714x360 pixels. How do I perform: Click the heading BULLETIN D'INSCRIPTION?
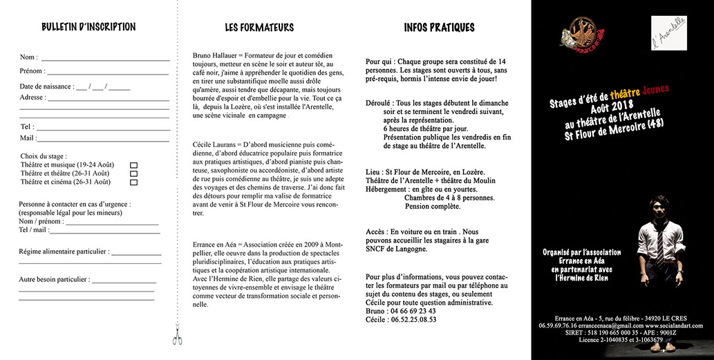click(x=88, y=28)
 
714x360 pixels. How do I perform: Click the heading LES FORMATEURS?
click(x=259, y=28)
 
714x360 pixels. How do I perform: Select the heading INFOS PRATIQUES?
click(x=439, y=28)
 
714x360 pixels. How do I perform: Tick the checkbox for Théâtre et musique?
click(x=134, y=165)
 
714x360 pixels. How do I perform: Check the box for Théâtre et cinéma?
click(x=134, y=182)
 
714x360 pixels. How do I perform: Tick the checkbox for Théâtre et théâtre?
click(x=134, y=174)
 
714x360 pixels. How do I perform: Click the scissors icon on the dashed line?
click(x=177, y=337)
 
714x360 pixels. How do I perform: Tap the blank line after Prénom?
click(x=107, y=72)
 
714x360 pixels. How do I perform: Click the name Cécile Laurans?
click(x=215, y=144)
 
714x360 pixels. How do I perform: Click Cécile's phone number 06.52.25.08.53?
click(x=413, y=320)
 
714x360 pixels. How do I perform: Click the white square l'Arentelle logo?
click(x=668, y=33)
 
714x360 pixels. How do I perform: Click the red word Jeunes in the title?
click(x=655, y=89)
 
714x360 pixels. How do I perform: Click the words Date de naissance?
click(x=46, y=87)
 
